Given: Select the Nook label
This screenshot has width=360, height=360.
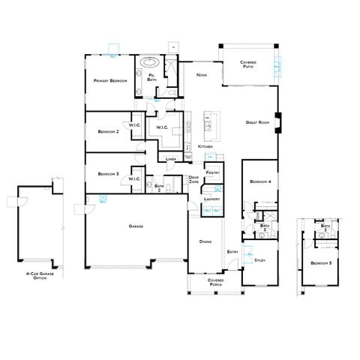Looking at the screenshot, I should click(x=201, y=75).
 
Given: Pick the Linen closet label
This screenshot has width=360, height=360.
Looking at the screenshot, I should click(x=171, y=160).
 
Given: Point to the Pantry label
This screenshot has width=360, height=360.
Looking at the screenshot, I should click(x=212, y=172).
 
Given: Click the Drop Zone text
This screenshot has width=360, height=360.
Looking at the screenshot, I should click(x=193, y=180).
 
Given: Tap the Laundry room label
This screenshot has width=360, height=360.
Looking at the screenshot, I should click(x=212, y=199).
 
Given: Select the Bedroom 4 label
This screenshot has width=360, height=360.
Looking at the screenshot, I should click(x=260, y=182).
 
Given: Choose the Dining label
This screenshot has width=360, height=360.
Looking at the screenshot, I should click(x=205, y=241).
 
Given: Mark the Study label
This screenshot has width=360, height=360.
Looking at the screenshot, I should click(x=260, y=259).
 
